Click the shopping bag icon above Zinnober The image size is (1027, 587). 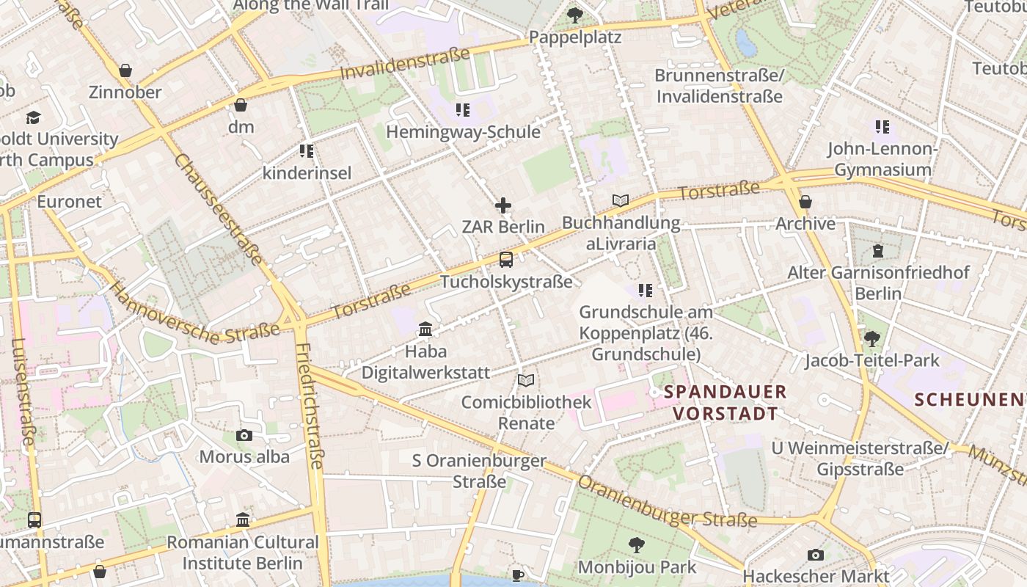(x=125, y=70)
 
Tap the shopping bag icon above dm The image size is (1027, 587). (x=241, y=105)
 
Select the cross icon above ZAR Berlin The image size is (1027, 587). (x=503, y=205)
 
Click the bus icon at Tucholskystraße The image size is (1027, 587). (x=506, y=259)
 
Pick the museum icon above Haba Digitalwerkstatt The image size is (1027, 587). (x=425, y=329)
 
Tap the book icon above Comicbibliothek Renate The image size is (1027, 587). (x=526, y=380)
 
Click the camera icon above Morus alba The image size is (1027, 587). (x=244, y=435)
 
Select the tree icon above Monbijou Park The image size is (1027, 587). (x=636, y=544)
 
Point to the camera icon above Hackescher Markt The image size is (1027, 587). (x=816, y=555)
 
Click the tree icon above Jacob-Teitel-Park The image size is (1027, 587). (x=871, y=338)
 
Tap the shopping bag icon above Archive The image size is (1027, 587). (x=805, y=202)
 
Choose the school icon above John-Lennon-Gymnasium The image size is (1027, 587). (x=882, y=127)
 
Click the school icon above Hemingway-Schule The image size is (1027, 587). (x=463, y=110)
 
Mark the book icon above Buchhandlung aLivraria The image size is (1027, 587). (x=621, y=200)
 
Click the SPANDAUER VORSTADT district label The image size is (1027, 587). (x=725, y=403)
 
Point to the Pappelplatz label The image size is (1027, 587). (x=575, y=37)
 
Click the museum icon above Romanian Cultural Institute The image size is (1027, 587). (x=243, y=520)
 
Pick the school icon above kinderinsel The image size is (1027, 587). (x=307, y=151)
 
